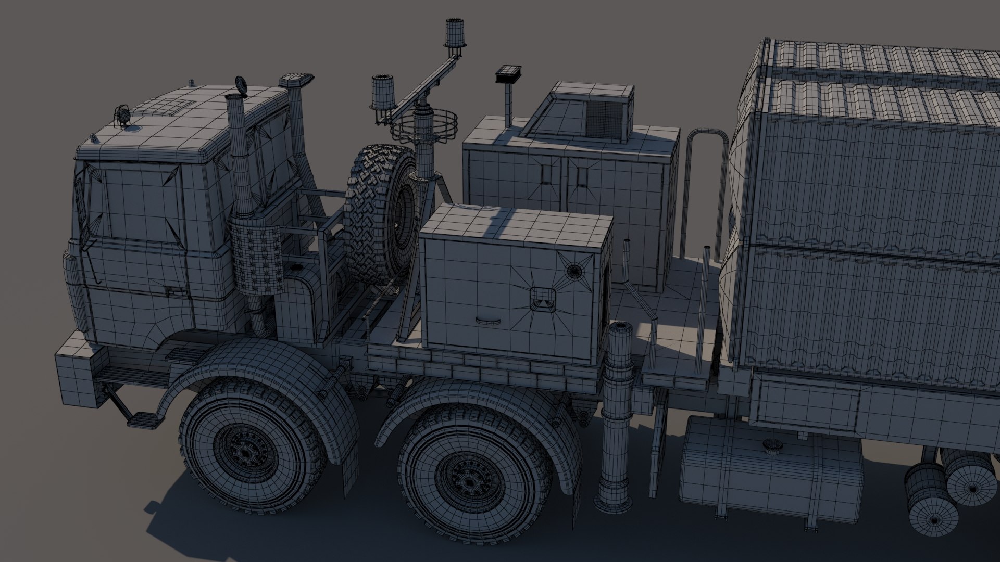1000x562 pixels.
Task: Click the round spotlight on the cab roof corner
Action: click(123, 114)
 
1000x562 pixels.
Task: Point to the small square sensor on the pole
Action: click(506, 74)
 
